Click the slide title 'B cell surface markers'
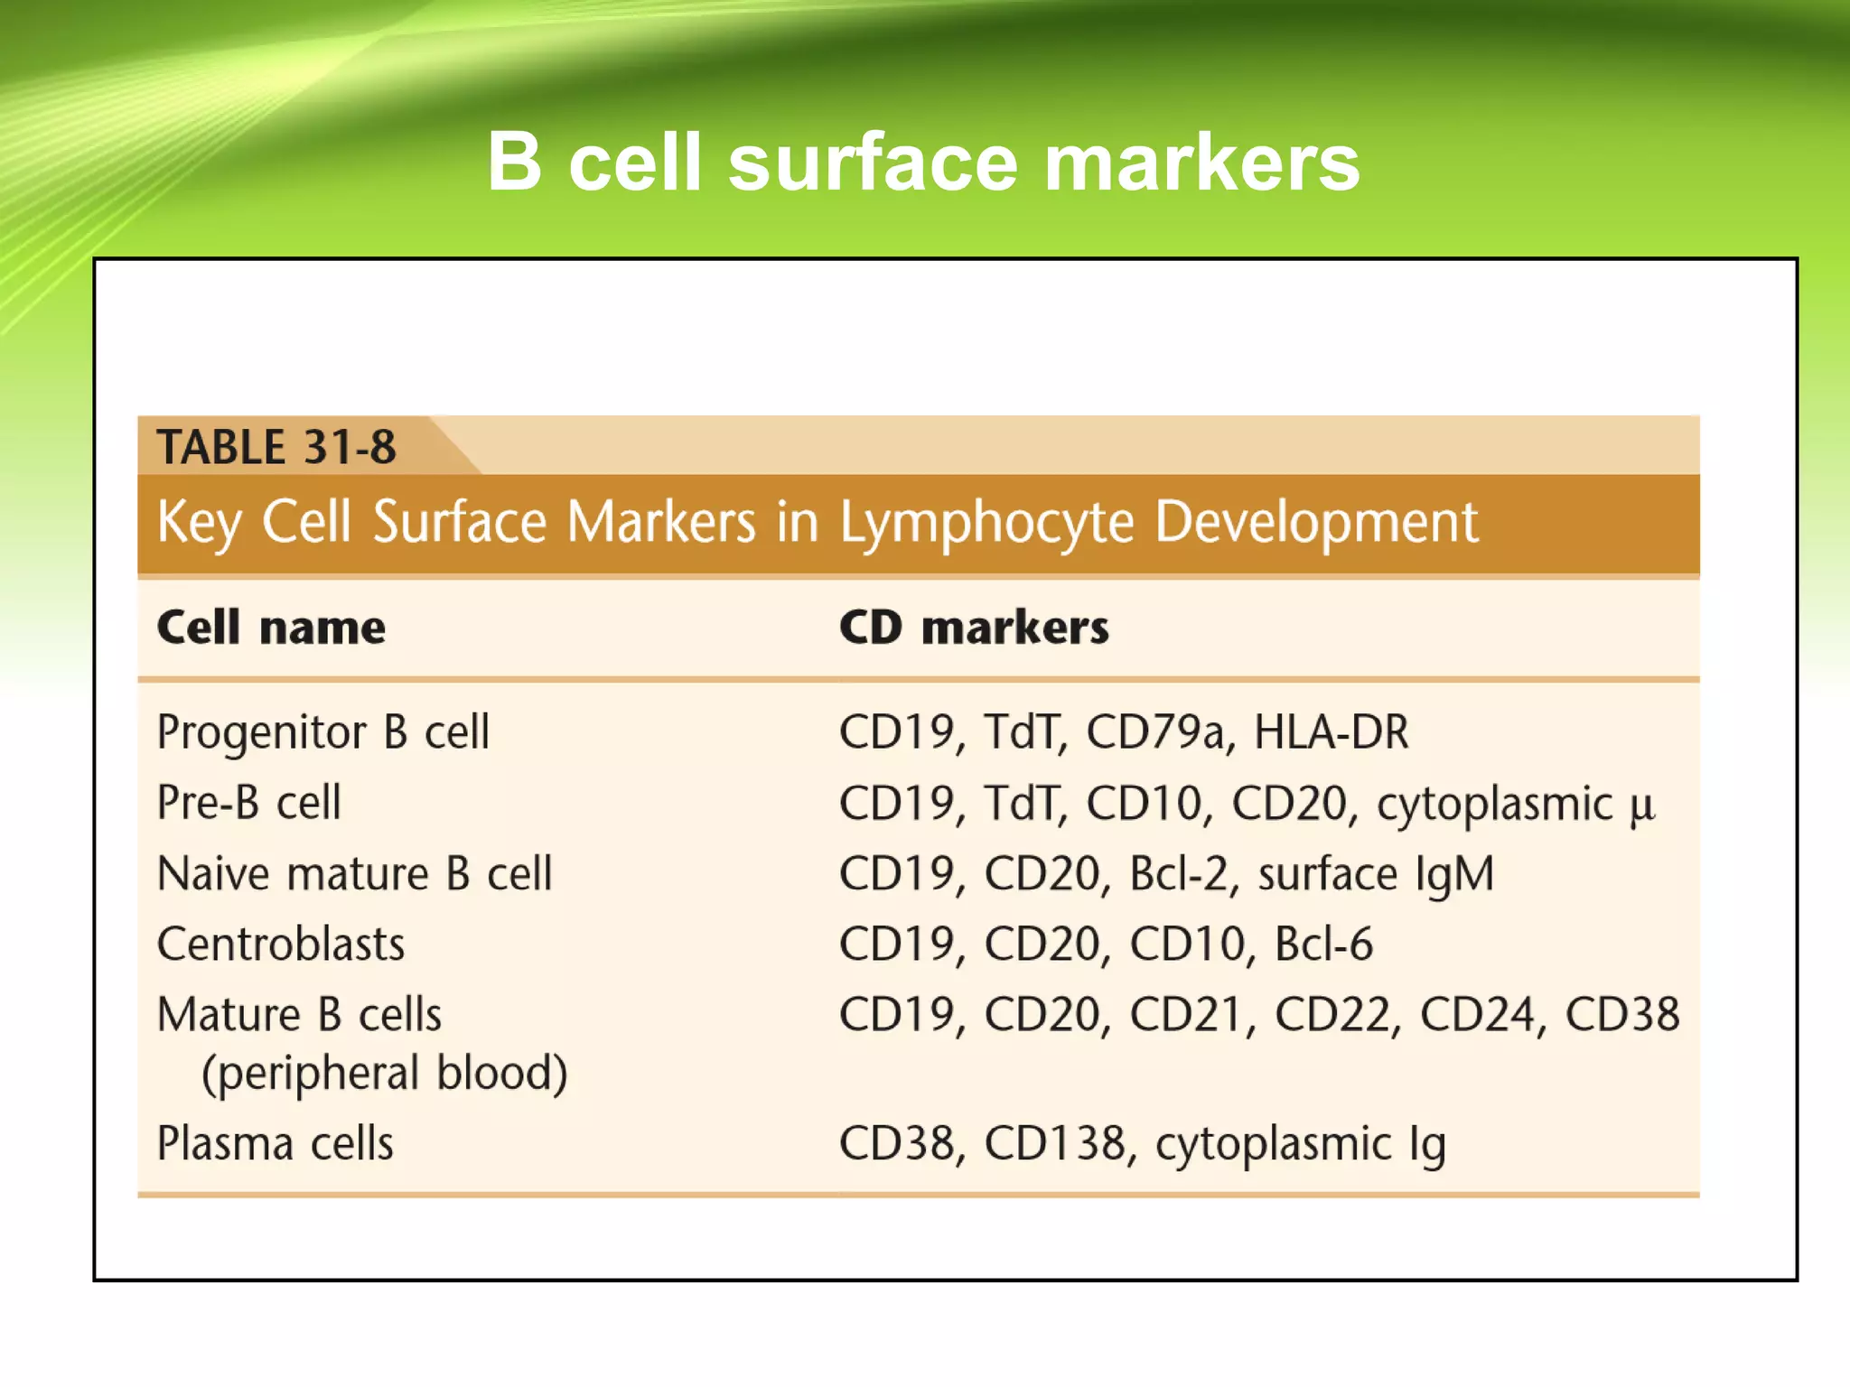pyautogui.click(x=923, y=162)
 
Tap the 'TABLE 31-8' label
pyautogui.click(x=276, y=447)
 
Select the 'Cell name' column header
pyautogui.click(x=271, y=627)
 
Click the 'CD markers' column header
pyautogui.click(x=974, y=627)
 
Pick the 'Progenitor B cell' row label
pyautogui.click(x=322, y=732)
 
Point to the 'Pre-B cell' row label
pyautogui.click(x=249, y=803)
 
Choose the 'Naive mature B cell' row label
pyautogui.click(x=354, y=874)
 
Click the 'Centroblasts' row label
pyautogui.click(x=281, y=945)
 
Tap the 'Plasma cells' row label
pyautogui.click(x=276, y=1143)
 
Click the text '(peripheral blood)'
pyautogui.click(x=385, y=1073)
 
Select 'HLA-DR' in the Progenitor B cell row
pyautogui.click(x=1331, y=732)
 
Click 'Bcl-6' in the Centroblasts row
pyautogui.click(x=1323, y=945)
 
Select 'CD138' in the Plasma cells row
pyautogui.click(x=1055, y=1143)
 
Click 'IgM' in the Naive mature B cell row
pyautogui.click(x=1454, y=874)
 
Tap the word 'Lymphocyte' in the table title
pyautogui.click(x=986, y=523)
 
